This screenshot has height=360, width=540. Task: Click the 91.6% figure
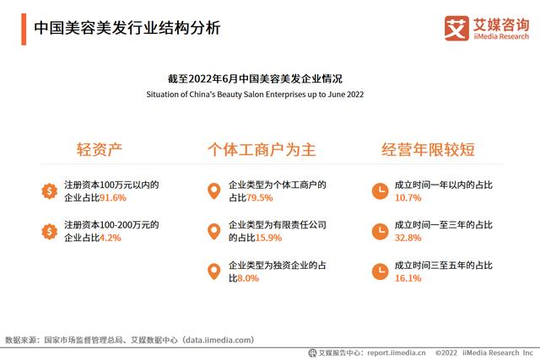pos(112,198)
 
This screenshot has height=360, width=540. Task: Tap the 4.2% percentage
pos(111,238)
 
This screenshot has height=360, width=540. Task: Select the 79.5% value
pos(259,198)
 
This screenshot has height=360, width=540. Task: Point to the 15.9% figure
pos(268,238)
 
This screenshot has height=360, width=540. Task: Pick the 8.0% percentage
pos(248,278)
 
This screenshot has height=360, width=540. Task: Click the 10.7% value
pos(408,198)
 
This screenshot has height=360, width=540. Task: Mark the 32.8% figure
pos(408,238)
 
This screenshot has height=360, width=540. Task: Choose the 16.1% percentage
pos(408,278)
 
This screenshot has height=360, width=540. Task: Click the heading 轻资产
pos(100,149)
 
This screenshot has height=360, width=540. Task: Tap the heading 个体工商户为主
pos(262,150)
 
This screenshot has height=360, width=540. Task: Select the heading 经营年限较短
pos(428,149)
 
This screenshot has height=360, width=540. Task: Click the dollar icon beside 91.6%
pos(50,191)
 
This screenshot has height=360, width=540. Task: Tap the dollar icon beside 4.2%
pos(50,231)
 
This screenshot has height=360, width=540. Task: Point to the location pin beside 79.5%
pos(213,191)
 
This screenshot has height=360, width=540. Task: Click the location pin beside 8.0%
pos(213,271)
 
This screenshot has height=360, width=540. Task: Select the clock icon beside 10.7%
pos(381,191)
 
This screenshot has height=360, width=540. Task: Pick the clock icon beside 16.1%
pos(381,271)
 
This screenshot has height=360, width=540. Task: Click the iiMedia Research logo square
pos(456,28)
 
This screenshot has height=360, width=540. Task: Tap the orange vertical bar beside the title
pos(24,30)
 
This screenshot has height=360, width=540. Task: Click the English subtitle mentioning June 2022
pos(255,94)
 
